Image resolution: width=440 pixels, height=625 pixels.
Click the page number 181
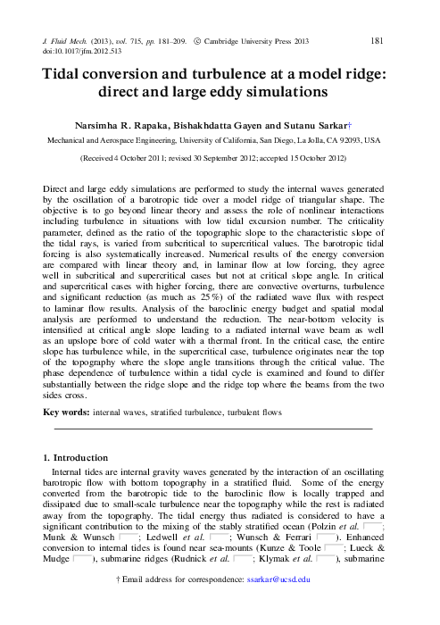[378, 41]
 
